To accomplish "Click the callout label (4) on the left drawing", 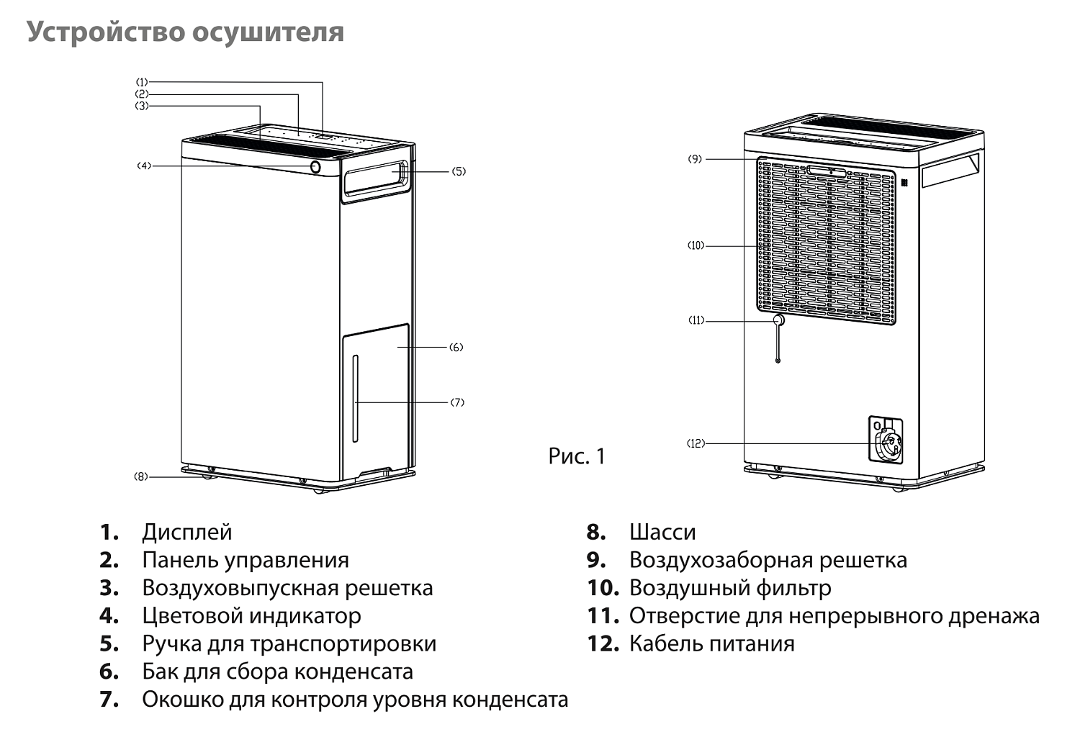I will coord(144,166).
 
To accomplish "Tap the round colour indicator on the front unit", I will coord(315,167).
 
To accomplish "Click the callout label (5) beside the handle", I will coord(459,172).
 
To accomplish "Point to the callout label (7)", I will coord(457,402).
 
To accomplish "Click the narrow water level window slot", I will coord(354,399).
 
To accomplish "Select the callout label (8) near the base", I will coord(140,476).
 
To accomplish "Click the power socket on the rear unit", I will coord(888,440).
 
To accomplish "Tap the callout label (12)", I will coord(696,444).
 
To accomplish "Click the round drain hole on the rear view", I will coord(778,320).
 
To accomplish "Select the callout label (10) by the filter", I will coord(696,246).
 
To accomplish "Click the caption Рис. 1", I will coord(577,456).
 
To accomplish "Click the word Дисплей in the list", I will coord(187,533).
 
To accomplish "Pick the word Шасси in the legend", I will coord(662,533).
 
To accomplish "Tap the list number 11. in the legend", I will coord(603,616).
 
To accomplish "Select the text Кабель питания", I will coord(711,643).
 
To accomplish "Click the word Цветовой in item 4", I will coord(189,616).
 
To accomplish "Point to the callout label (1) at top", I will coord(142,82).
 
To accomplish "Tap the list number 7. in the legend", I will coord(109,700).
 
